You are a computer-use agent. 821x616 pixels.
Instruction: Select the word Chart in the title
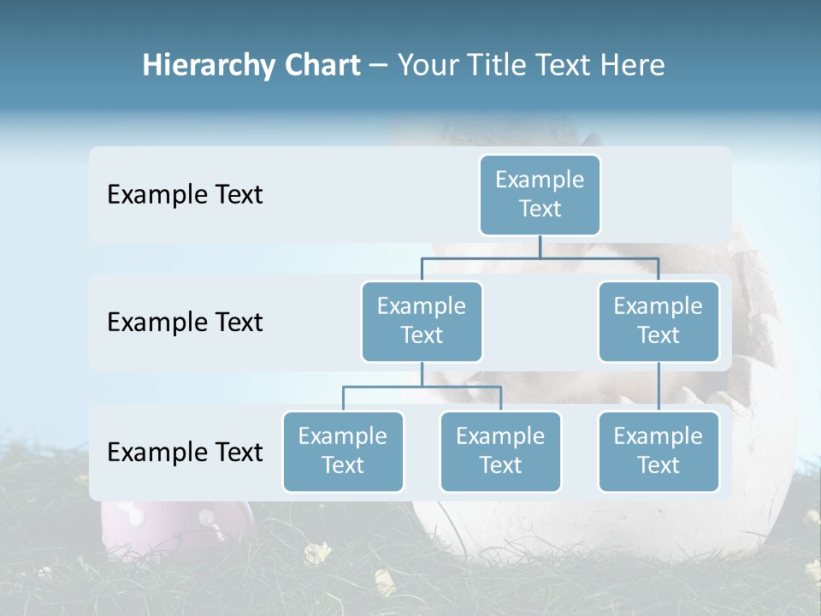tap(318, 66)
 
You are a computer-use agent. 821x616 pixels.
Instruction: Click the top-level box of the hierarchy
tap(540, 194)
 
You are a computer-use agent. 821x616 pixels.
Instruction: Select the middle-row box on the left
tap(422, 321)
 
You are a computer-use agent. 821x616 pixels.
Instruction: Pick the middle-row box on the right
tap(659, 321)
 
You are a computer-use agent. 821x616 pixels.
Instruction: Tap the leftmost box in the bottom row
tap(343, 451)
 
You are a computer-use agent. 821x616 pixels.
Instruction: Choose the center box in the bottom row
tap(500, 451)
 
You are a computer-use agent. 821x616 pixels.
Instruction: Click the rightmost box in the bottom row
tap(659, 451)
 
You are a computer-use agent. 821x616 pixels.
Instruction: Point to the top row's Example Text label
tap(185, 195)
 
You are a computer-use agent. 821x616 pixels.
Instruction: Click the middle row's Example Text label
tap(185, 323)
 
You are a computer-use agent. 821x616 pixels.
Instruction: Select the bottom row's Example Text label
tap(185, 452)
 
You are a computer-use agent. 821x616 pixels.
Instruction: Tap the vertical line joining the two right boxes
tap(659, 387)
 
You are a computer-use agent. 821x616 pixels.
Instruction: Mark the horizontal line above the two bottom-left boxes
tap(422, 387)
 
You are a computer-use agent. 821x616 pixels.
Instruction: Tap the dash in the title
tap(379, 67)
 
